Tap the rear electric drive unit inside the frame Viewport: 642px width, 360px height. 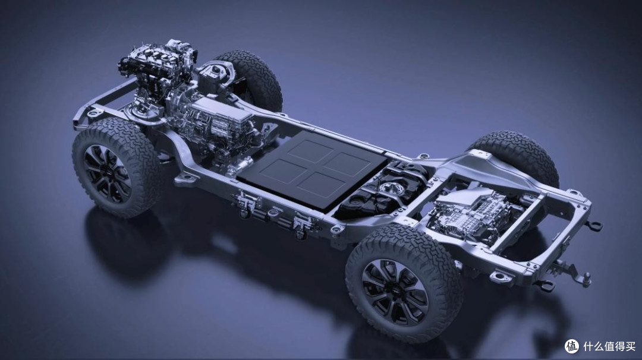[471, 216]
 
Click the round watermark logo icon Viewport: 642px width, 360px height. [572, 346]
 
